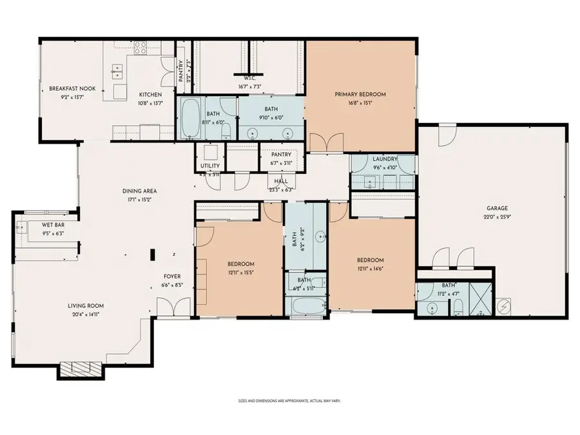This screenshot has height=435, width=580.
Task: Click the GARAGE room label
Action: tap(497, 208)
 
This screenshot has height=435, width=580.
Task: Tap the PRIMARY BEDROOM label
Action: tap(360, 95)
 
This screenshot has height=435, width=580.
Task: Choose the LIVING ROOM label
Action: tap(86, 306)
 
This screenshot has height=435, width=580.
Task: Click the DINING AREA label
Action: tap(140, 191)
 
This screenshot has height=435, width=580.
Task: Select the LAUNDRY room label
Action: tap(384, 159)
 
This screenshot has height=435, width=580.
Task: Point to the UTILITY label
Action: tap(210, 166)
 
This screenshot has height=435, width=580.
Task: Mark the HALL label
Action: tap(280, 182)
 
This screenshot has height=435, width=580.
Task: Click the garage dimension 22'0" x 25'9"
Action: tap(497, 217)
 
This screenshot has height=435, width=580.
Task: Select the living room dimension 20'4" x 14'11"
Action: tap(86, 315)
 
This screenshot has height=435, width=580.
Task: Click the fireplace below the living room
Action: tap(77, 370)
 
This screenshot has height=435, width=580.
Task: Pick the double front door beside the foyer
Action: tap(174, 307)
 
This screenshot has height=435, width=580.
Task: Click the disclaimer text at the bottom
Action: tap(289, 401)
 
